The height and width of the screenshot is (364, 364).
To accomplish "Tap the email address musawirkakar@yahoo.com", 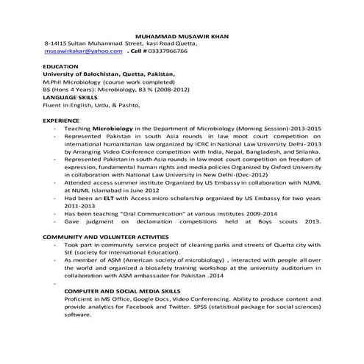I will (x=83, y=51).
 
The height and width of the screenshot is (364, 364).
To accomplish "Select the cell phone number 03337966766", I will (x=168, y=51).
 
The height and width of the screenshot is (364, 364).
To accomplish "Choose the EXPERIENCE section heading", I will (x=61, y=119).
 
